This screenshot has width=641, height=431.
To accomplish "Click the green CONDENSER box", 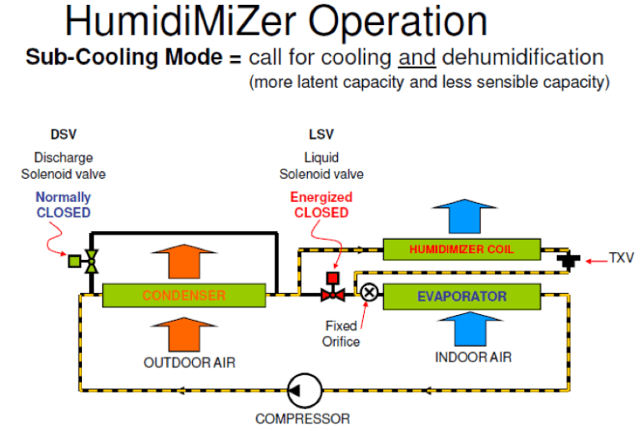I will point(184,295).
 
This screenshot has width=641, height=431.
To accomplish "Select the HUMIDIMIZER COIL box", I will point(461,249).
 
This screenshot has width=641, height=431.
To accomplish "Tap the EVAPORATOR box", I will point(461,296).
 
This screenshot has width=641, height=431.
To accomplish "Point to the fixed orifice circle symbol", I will point(368,292).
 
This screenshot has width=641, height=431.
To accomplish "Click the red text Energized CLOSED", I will point(320,205).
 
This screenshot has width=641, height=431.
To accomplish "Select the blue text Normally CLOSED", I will point(63,205).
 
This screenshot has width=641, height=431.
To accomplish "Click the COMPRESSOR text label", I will point(302,418).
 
